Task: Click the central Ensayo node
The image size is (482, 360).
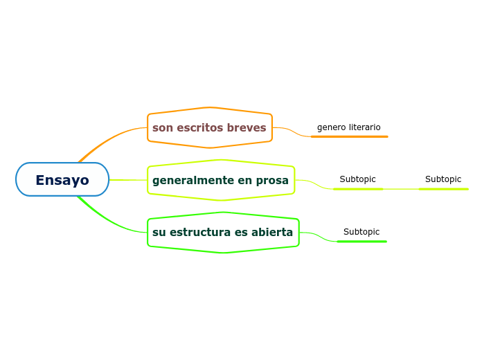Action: pos(62,180)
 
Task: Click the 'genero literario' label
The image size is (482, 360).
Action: pos(348,127)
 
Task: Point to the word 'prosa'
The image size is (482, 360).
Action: pos(272,181)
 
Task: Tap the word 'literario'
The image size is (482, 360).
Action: pos(364,127)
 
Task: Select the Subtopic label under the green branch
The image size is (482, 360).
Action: pos(361,232)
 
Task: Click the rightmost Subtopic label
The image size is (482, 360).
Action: pos(443,179)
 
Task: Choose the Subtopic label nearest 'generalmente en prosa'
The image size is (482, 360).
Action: pos(357,179)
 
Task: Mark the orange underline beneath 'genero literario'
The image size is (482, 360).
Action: pos(349,136)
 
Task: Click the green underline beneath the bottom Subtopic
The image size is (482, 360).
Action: pos(361,242)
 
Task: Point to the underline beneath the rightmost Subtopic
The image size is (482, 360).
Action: pos(443,189)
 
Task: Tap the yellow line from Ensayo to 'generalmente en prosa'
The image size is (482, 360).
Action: pos(128,180)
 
